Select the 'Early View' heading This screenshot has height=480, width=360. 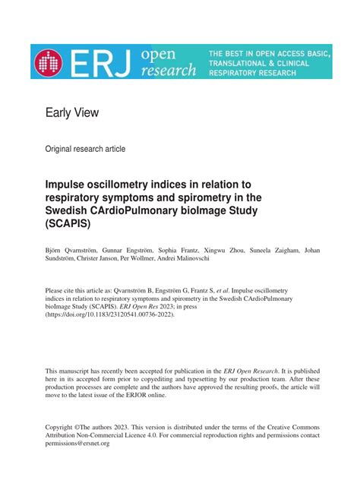pos(72,113)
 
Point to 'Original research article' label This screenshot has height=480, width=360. pos(86,149)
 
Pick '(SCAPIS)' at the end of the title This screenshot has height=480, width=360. pos(68,225)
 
